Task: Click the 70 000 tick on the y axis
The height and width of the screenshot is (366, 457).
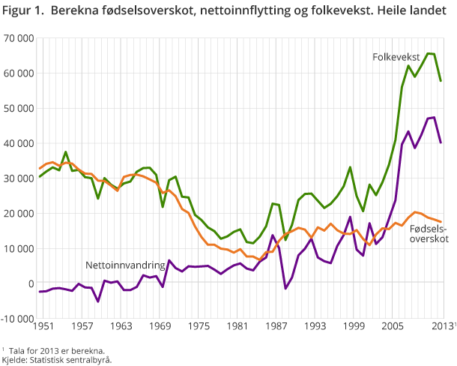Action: pos(18,38)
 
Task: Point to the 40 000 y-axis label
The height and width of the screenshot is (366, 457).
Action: pos(18,143)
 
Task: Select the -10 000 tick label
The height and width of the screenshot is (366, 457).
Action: pos(16,318)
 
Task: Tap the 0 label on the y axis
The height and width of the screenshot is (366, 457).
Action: pos(29,283)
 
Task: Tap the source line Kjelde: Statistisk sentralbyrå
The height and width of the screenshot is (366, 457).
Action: pos(56,359)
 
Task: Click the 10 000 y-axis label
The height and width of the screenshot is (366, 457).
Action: pos(18,248)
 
